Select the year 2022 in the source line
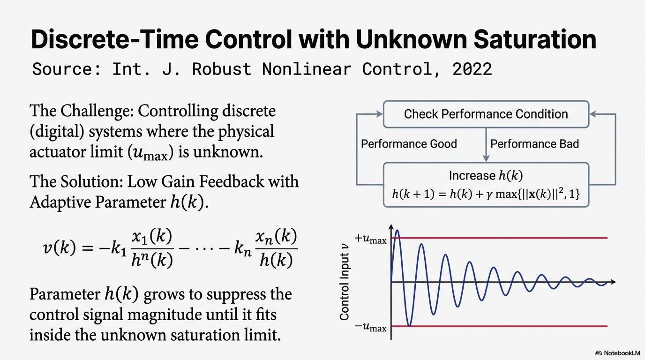(x=472, y=69)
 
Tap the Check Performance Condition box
(x=486, y=114)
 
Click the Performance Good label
(x=409, y=144)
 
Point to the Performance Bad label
(x=534, y=144)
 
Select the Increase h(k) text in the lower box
(x=486, y=176)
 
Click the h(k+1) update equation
(x=486, y=194)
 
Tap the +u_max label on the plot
(x=371, y=239)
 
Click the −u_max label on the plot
(x=371, y=327)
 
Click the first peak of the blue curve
(x=397, y=231)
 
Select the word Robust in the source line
(x=222, y=69)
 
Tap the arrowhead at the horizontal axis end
(x=613, y=282)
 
